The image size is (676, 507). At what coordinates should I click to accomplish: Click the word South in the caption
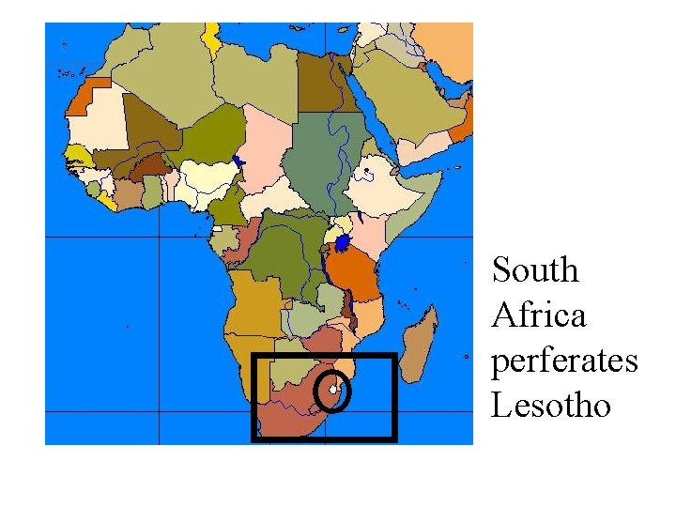(536, 270)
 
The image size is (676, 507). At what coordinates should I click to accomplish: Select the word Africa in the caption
(538, 315)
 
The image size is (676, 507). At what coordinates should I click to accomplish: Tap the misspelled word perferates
(564, 361)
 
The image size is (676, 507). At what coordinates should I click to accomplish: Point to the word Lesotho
(550, 406)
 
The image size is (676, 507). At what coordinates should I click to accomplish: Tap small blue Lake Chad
(240, 162)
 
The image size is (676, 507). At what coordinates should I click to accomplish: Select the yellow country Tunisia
(215, 38)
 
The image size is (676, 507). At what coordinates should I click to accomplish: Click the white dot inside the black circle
(333, 390)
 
